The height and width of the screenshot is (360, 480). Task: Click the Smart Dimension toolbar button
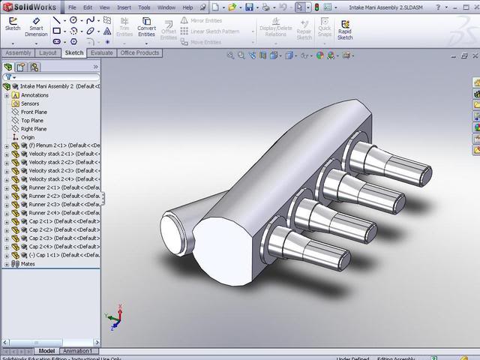36,28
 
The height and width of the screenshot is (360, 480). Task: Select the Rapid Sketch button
345,28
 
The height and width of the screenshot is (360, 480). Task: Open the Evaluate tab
101,53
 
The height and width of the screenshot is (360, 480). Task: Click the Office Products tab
139,53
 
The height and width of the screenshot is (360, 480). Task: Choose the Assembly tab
18,53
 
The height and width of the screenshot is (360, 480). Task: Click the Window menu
166,7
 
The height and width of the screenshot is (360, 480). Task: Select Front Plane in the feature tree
33,112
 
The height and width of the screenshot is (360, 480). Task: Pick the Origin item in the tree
28,137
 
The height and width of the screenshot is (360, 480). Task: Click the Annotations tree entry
34,95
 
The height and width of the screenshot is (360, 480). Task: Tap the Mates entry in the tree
28,264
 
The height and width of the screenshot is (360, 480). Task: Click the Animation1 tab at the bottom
78,351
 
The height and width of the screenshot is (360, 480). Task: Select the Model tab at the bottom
46,351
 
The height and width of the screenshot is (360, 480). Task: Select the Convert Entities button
146,28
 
